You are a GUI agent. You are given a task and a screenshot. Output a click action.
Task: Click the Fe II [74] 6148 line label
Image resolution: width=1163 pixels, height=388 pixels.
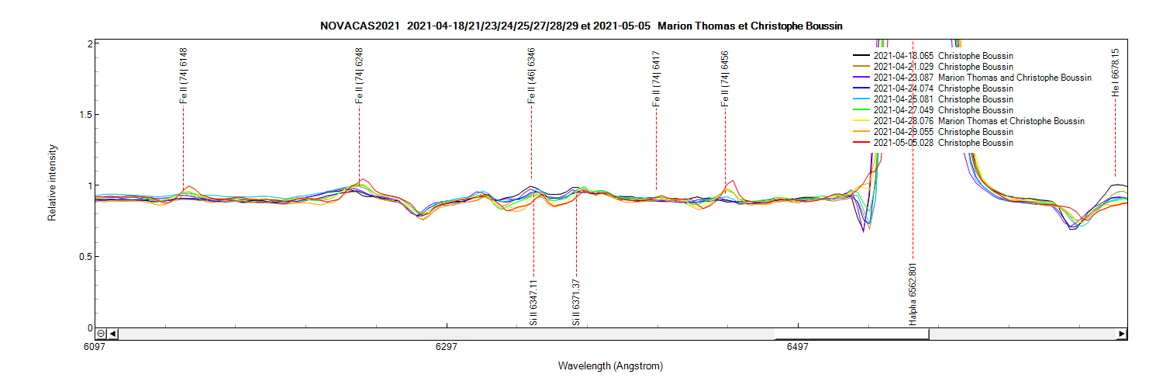[x=184, y=75]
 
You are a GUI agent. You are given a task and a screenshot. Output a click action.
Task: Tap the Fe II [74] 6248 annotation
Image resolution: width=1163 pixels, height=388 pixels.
[x=359, y=75]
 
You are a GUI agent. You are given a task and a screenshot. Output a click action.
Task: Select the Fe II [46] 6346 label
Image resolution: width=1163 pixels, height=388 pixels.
[x=531, y=75]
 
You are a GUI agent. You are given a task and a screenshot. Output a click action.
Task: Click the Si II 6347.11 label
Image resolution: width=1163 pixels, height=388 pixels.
[x=533, y=301]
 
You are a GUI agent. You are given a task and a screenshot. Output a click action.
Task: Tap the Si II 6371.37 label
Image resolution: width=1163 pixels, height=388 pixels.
[x=576, y=301]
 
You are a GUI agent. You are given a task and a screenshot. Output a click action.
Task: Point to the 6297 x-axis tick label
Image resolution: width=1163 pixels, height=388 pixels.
[x=447, y=347]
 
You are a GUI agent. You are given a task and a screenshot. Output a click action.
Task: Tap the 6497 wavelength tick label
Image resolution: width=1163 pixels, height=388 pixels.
[x=797, y=347]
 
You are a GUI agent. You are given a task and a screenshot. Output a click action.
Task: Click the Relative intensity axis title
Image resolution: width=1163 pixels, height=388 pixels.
[x=53, y=182]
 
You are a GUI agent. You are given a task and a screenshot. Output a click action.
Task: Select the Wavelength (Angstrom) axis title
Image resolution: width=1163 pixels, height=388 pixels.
[x=610, y=365]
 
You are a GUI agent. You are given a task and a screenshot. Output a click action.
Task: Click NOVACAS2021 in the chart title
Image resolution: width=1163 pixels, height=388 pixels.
[x=360, y=26]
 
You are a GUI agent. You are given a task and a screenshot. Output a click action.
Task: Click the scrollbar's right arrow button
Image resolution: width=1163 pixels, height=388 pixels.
[x=1121, y=334]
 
